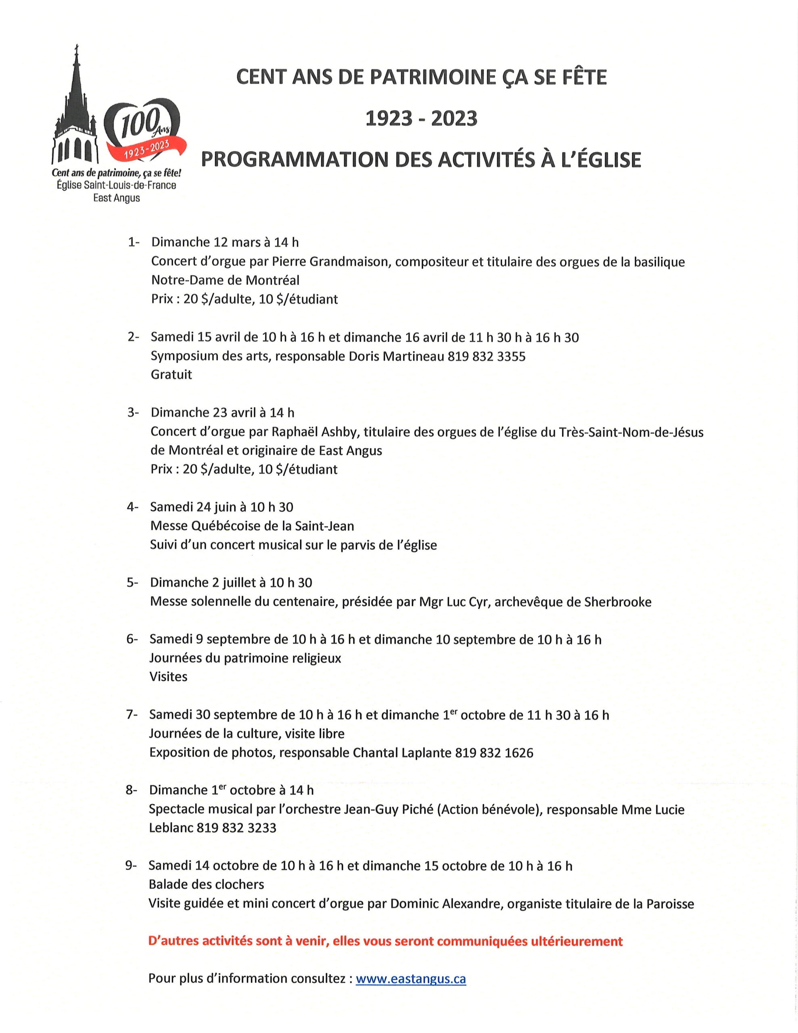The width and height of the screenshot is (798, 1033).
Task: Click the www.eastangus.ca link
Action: point(411,979)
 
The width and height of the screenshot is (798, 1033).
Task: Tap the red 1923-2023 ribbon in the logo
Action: point(146,151)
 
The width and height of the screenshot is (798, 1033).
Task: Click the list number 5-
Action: point(132,582)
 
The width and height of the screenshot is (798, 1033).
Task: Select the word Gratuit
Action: point(171,374)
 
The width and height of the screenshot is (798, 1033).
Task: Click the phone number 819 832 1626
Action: point(494,753)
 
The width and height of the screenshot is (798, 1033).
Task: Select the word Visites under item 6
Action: point(168,677)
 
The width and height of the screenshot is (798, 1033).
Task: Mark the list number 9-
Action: point(131,866)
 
